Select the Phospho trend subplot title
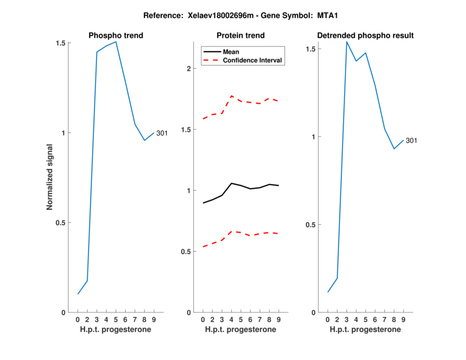[x=116, y=36]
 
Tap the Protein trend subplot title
[x=241, y=36]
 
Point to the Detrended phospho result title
[x=365, y=36]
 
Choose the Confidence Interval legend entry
[x=253, y=60]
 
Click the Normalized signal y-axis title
[x=50, y=178]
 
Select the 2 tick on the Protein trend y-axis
[x=189, y=69]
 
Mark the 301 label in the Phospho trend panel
[x=162, y=133]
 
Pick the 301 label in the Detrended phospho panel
[x=411, y=140]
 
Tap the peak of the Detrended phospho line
[x=347, y=41]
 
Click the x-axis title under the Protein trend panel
[x=241, y=330]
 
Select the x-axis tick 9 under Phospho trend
[x=154, y=320]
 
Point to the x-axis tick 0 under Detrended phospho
[x=328, y=320]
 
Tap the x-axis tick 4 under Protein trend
[x=231, y=320]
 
